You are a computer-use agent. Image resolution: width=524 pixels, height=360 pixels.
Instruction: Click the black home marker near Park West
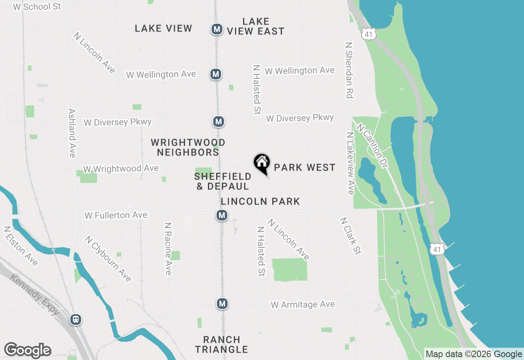click(262, 163)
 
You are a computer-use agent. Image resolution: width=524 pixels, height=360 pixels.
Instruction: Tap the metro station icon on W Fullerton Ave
click(222, 215)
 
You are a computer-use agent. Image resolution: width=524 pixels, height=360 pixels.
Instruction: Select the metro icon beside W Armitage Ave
click(222, 304)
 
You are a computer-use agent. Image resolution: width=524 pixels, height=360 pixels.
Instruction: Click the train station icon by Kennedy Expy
click(76, 319)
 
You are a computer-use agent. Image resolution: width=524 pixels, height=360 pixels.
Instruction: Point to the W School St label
click(37, 7)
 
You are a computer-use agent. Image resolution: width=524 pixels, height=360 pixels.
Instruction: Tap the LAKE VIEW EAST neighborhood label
click(256, 26)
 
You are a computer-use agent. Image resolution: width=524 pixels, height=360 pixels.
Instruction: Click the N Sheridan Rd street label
click(349, 70)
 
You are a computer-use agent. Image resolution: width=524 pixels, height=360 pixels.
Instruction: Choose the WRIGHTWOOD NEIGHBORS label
click(188, 147)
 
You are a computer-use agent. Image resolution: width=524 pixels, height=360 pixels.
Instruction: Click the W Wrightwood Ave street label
click(121, 169)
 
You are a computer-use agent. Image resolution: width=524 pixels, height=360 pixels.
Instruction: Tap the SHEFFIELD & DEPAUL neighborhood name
click(223, 181)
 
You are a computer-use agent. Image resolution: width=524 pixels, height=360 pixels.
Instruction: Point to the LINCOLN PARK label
click(260, 201)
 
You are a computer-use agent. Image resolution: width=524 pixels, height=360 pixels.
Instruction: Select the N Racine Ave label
click(168, 249)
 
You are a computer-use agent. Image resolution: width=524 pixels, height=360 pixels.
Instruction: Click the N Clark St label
click(350, 236)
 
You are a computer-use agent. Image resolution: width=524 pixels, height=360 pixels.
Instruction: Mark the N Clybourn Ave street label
click(108, 259)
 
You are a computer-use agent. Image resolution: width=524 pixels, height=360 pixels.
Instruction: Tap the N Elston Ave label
click(21, 246)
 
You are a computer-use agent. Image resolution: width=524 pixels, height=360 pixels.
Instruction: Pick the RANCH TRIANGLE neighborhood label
click(221, 344)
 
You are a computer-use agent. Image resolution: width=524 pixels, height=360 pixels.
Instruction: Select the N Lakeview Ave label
click(350, 163)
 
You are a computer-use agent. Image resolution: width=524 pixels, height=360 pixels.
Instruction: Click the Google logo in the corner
click(27, 351)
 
